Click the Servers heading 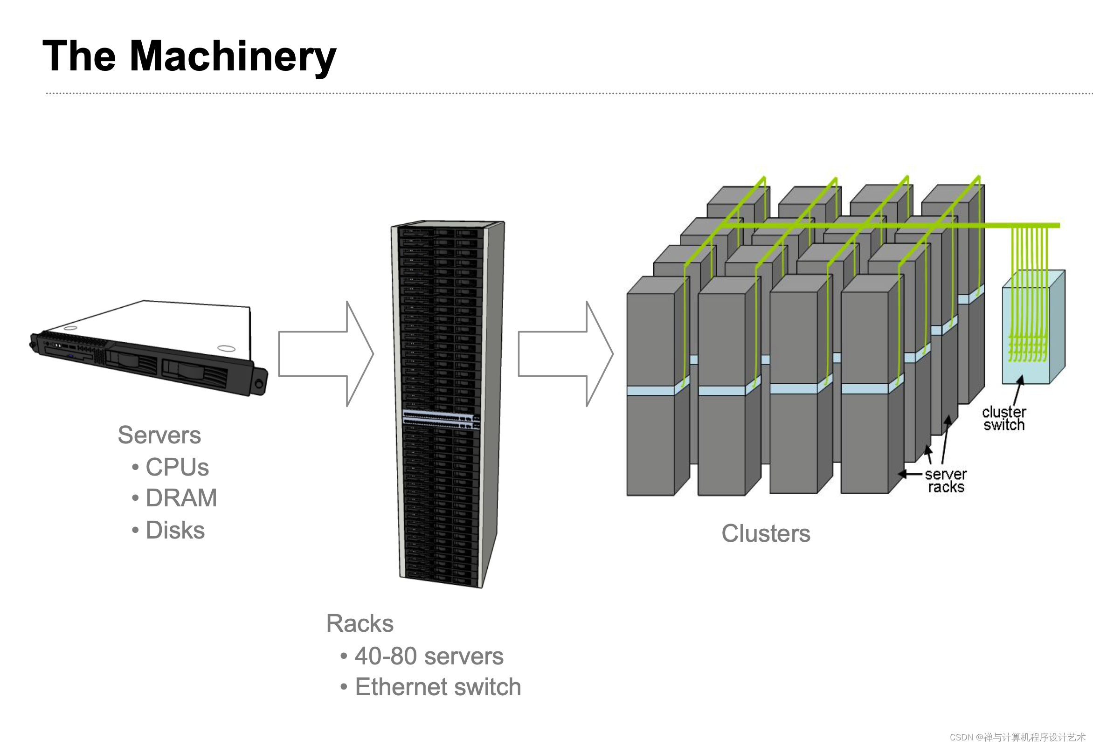coord(159,435)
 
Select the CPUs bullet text coord(177,467)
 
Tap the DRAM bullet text coord(181,498)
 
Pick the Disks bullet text coord(175,530)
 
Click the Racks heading coord(360,624)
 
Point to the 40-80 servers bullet coord(429,656)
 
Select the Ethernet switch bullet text coord(438,687)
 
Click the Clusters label coord(766,534)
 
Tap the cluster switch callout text coord(1004,418)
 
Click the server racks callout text coord(946,480)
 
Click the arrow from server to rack coord(326,354)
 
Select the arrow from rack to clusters coord(566,354)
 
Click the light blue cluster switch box coord(1033,327)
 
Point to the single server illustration coord(149,348)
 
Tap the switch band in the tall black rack coord(441,419)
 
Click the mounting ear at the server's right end coord(259,382)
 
